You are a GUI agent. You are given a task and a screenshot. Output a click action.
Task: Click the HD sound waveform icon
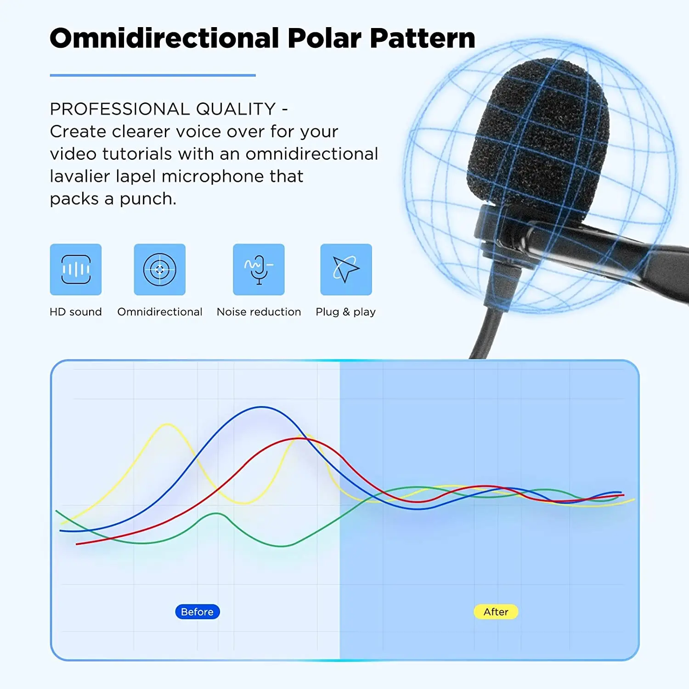(x=76, y=269)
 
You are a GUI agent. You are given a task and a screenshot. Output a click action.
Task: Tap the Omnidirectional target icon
(x=160, y=269)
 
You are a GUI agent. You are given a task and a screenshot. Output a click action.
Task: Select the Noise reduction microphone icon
(x=259, y=269)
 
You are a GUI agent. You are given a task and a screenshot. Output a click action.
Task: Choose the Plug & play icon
(x=346, y=269)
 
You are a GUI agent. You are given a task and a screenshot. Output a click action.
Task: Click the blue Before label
(x=198, y=612)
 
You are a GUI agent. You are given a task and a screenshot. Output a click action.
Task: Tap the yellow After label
(x=496, y=612)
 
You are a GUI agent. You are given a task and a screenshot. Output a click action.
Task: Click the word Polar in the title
(x=324, y=38)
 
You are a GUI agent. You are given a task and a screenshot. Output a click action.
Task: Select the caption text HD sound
(x=76, y=312)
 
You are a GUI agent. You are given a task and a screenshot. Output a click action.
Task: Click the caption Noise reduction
(x=259, y=312)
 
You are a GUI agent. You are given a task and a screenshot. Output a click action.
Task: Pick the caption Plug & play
(x=346, y=312)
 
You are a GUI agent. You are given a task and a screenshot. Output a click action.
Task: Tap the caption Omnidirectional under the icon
(x=160, y=312)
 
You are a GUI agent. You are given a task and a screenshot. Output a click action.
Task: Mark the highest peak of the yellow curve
(x=168, y=424)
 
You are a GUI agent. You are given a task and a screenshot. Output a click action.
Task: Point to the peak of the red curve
(x=299, y=439)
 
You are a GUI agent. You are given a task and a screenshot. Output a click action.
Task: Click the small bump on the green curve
(x=217, y=514)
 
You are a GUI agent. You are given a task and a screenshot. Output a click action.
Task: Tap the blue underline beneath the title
(x=153, y=75)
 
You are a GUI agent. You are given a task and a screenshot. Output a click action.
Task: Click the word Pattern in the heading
(x=423, y=38)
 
